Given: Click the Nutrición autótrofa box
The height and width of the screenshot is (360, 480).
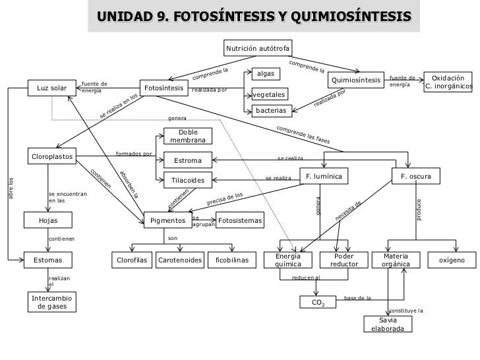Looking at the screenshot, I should click(x=257, y=49).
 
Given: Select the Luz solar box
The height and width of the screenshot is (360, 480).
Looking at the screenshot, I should click(x=52, y=88).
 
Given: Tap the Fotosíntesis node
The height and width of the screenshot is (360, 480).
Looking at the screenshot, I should click(x=164, y=88).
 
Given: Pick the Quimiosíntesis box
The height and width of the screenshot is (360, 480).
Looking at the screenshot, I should click(x=356, y=80).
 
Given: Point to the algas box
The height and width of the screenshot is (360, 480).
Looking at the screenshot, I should click(x=266, y=73).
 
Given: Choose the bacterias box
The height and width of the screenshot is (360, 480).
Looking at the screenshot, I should click(x=271, y=111).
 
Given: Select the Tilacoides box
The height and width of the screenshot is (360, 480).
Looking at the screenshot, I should click(x=188, y=180).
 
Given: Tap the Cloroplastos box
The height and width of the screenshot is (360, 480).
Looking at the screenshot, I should click(x=52, y=156).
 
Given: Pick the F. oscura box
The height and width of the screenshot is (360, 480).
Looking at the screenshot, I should click(x=416, y=177).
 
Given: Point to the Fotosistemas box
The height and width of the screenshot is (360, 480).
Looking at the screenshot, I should click(x=240, y=220).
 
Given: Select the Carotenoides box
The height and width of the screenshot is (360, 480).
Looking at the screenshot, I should click(x=179, y=260).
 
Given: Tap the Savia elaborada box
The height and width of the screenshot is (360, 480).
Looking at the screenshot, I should click(x=388, y=324).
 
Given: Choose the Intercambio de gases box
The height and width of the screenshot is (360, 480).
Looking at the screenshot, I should click(x=52, y=303).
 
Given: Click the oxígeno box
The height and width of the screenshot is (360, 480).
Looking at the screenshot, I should click(x=452, y=260).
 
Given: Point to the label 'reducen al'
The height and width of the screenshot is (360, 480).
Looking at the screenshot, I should click(x=306, y=278).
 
